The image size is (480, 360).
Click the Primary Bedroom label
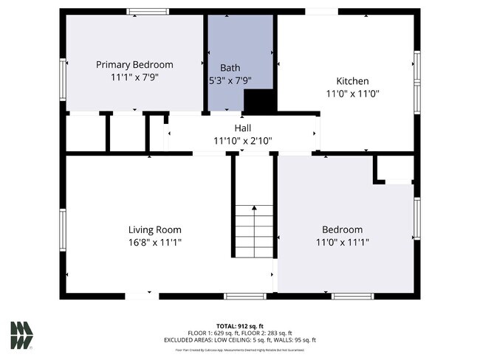point(134,64)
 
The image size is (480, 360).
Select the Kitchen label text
point(352,81)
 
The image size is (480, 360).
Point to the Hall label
point(243,128)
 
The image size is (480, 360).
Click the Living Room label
point(154,229)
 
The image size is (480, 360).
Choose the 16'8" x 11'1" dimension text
point(154,242)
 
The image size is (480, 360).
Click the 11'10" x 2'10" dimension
point(243,140)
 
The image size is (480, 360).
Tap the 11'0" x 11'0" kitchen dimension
point(352,94)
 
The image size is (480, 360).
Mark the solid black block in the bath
point(258,101)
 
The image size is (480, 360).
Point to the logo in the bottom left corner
point(21,335)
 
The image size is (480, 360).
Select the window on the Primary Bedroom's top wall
point(148,12)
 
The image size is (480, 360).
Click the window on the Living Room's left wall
point(63,231)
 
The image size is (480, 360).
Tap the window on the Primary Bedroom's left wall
point(63,79)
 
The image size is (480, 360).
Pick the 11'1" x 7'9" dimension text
point(134,77)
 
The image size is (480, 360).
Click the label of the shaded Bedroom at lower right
point(342,229)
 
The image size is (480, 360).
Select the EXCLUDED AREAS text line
point(240,340)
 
